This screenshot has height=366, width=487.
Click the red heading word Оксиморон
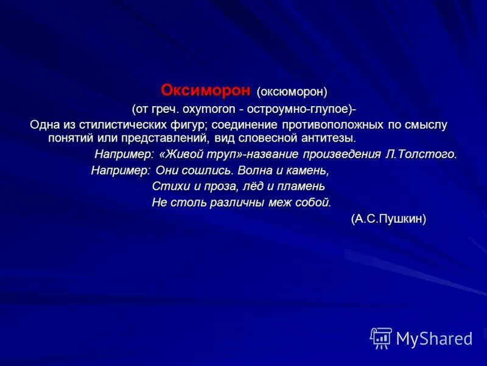205,91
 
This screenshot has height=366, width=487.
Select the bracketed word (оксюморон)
292,92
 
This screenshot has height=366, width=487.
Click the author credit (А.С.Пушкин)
388,219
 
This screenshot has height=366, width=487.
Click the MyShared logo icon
381,338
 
